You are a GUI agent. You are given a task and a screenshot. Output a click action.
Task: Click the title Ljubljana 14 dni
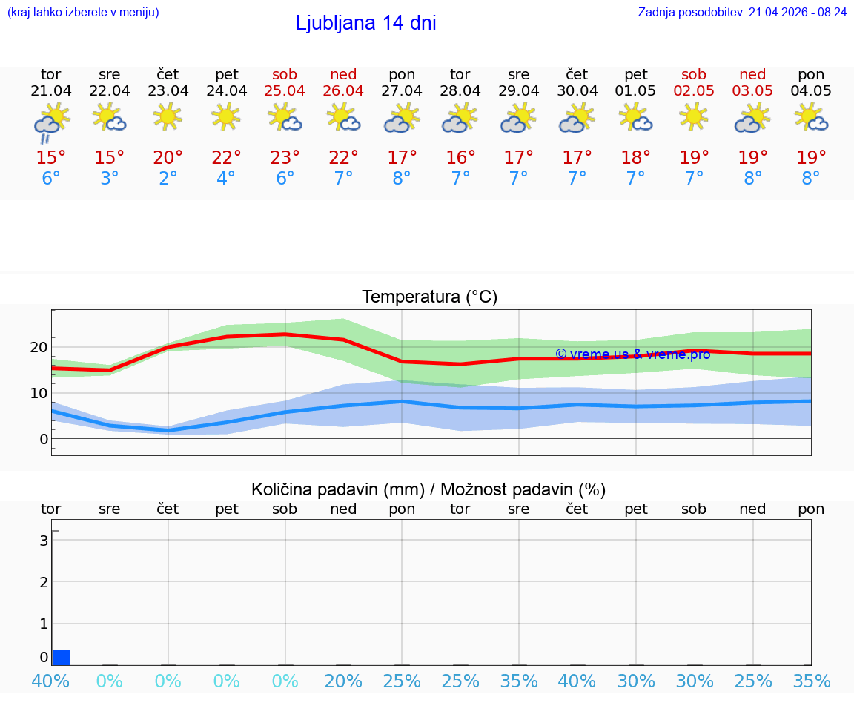point(365,23)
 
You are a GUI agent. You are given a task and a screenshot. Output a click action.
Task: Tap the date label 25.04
point(285,91)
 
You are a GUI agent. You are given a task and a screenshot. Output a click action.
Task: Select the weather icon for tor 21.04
point(51,122)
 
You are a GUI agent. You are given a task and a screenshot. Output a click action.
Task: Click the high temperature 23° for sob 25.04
point(285,158)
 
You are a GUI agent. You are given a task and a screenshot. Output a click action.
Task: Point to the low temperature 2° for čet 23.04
point(168,179)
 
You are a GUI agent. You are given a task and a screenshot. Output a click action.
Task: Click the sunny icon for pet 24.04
point(226,116)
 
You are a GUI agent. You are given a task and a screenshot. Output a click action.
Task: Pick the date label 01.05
point(635,91)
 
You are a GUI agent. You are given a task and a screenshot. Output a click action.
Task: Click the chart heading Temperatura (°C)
point(429,297)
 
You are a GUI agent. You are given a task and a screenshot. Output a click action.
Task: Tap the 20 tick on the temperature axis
point(39,347)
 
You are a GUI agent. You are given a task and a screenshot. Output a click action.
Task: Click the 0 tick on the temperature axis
point(44,439)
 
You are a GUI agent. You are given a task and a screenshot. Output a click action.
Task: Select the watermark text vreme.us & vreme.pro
point(632,354)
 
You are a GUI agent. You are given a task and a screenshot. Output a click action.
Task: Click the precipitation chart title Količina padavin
point(337,489)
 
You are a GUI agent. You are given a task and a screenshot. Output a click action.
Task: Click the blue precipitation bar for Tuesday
point(62,657)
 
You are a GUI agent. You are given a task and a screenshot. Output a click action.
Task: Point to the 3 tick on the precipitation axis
point(44,541)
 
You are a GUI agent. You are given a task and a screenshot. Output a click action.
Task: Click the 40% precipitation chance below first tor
point(51,681)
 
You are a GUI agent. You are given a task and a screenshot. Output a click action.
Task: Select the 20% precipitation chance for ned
point(343,681)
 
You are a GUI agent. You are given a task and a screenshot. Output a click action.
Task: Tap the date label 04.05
point(811,91)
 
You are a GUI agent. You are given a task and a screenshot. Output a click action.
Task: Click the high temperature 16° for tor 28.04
point(460,158)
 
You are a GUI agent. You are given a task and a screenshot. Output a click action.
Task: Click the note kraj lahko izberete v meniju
point(82,13)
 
